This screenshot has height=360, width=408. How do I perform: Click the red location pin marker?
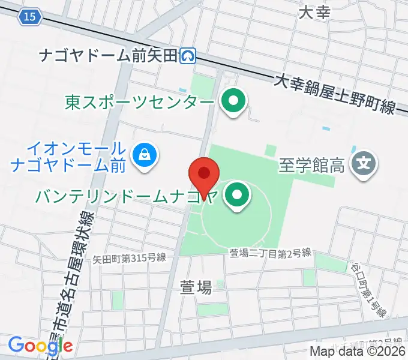tap(204, 175)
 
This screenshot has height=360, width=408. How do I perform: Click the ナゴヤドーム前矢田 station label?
tap(109, 56)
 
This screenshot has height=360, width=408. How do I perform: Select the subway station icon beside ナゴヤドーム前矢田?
tap(189, 56)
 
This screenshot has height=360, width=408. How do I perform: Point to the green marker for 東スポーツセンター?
tap(233, 101)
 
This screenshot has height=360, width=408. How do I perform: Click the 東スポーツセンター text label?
tap(139, 102)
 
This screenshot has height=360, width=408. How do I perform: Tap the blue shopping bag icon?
tap(146, 156)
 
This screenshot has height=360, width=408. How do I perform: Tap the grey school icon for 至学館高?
tap(364, 163)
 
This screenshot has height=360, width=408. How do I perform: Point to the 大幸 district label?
tap(314, 12)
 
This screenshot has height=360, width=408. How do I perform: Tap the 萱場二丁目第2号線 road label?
tap(271, 253)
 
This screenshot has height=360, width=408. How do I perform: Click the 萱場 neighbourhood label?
tap(196, 287)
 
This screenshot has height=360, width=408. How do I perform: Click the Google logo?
tap(41, 345)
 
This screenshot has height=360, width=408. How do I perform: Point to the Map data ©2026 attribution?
tap(358, 352)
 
